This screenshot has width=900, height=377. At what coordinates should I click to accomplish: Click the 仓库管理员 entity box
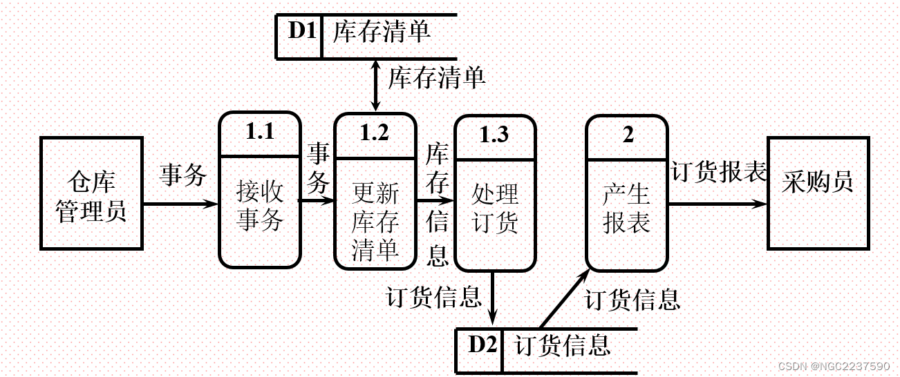[x=91, y=193]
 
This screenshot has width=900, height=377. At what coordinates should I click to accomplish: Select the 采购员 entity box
[x=818, y=193]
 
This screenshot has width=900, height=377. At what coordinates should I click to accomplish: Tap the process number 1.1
[x=260, y=132]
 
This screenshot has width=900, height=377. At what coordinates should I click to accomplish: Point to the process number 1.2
[x=375, y=133]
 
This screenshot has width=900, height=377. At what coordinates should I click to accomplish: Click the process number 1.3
[x=494, y=135]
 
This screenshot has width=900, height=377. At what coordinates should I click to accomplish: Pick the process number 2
[x=627, y=135]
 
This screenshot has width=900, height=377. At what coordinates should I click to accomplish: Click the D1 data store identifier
[x=301, y=32]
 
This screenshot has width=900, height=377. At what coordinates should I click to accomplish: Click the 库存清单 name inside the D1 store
[x=382, y=32]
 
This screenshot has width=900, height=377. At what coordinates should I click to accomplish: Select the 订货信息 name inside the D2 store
[x=563, y=345]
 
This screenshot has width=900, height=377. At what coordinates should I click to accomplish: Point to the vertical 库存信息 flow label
[x=437, y=204]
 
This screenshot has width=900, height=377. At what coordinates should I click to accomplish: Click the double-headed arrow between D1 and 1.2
[x=375, y=84]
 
